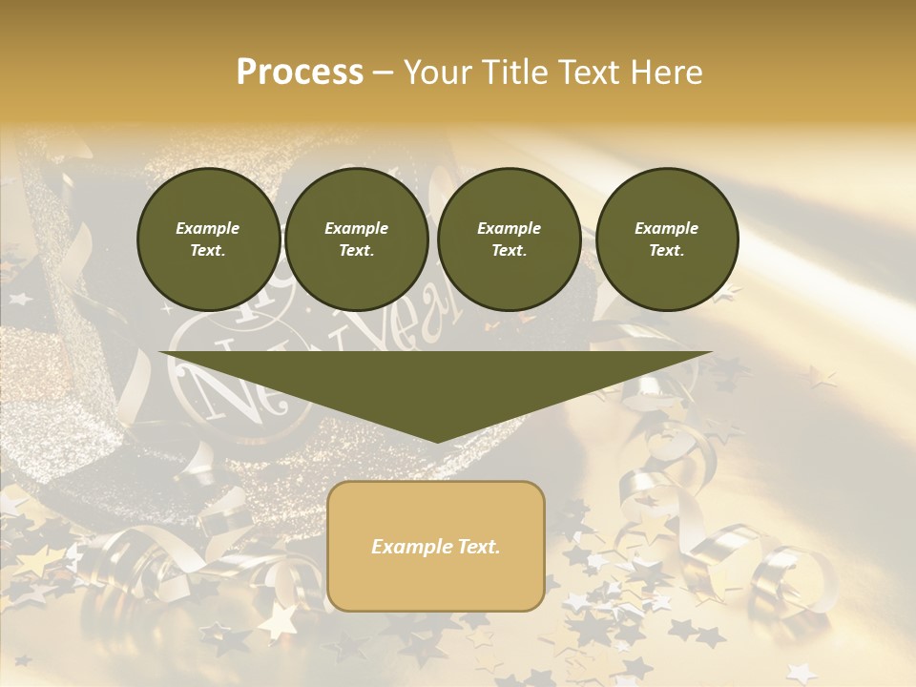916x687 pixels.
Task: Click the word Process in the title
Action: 300,73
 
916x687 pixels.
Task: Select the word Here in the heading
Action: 665,73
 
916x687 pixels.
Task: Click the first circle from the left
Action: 208,239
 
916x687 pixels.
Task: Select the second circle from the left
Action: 357,239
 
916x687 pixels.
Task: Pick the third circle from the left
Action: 509,239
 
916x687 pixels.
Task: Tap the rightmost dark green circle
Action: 667,239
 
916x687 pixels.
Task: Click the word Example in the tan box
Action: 409,547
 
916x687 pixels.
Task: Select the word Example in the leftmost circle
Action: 208,229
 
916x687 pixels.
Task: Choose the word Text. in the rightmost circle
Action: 667,251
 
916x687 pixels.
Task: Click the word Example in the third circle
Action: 509,229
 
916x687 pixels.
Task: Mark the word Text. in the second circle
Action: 357,251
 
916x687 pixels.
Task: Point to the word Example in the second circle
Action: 357,229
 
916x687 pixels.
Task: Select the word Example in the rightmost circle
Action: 667,229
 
